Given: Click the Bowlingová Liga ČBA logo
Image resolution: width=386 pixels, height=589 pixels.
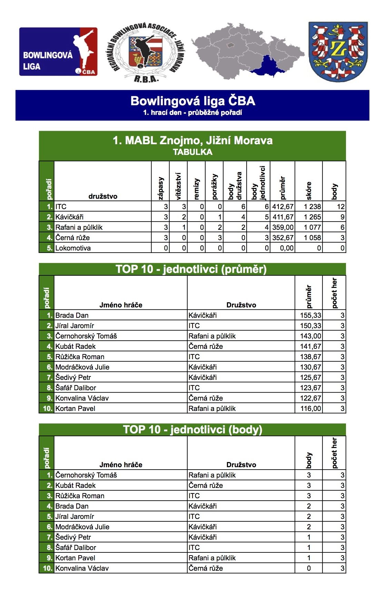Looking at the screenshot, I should pyautogui.click(x=58, y=52).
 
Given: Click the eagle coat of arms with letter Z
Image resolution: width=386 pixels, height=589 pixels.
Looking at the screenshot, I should pyautogui.click(x=338, y=52).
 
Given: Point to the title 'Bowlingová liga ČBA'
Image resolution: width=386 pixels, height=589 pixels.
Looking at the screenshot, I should pyautogui.click(x=192, y=101).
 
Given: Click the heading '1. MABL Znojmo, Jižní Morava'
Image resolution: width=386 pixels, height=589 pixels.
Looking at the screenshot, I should pyautogui.click(x=192, y=140).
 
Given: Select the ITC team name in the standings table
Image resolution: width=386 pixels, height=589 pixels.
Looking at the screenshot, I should pyautogui.click(x=61, y=207).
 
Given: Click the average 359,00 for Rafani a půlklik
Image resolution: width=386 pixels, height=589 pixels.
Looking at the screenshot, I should pyautogui.click(x=283, y=227).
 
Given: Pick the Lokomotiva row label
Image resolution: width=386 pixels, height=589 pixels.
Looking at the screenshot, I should pyautogui.click(x=73, y=248).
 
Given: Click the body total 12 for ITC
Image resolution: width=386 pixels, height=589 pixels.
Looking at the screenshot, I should pyautogui.click(x=340, y=207).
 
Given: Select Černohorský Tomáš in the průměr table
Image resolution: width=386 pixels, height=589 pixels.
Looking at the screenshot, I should pyautogui.click(x=86, y=336).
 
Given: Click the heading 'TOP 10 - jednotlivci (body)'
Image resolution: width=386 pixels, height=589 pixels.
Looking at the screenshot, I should pyautogui.click(x=192, y=430).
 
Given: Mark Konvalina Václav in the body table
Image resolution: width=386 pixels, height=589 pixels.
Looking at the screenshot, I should pyautogui.click(x=82, y=568).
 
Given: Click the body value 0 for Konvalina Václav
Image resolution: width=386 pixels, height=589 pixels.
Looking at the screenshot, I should pyautogui.click(x=309, y=568).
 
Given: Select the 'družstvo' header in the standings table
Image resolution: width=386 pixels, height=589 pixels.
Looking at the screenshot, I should pyautogui.click(x=103, y=196).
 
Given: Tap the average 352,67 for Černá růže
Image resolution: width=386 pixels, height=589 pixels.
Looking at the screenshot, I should pyautogui.click(x=283, y=238).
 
